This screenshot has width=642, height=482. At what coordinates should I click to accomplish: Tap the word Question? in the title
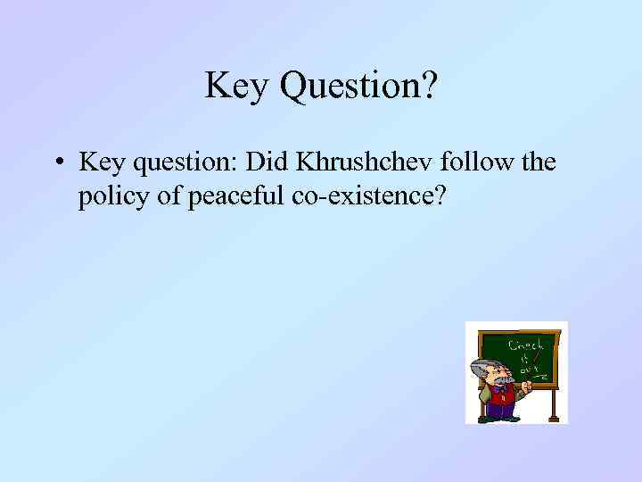[358, 87]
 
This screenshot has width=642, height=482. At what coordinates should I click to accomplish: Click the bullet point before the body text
[56, 163]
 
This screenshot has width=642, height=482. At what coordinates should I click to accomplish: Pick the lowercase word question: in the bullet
[183, 164]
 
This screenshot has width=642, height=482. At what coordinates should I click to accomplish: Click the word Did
[267, 162]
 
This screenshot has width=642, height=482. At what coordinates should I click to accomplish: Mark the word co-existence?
[368, 196]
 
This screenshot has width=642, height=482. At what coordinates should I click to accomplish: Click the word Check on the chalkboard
[525, 345]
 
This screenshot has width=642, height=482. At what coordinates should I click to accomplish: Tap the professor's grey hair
[482, 367]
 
